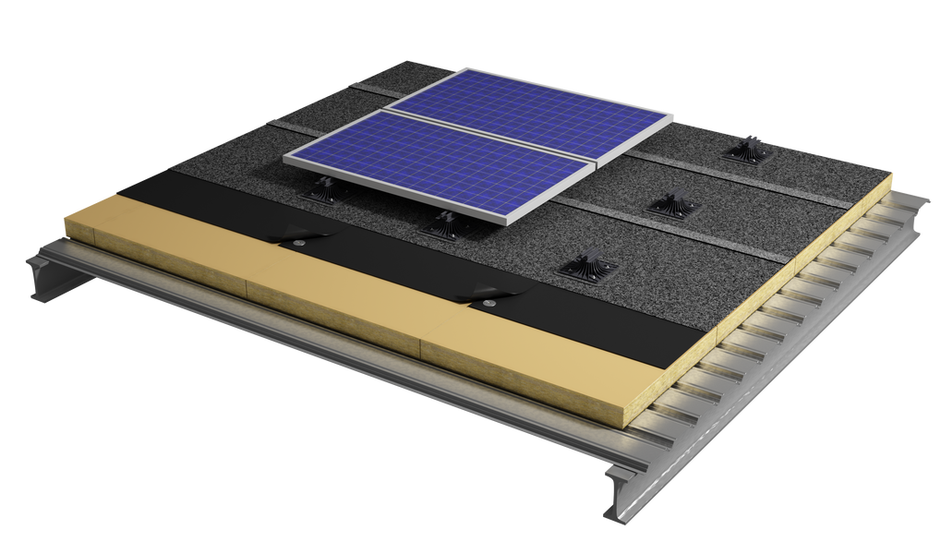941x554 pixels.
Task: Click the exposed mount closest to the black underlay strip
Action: coord(584,270)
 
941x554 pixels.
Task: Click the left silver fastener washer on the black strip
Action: coord(300,243)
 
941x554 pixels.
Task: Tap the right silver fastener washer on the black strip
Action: coord(490,302)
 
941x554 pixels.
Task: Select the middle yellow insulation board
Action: coord(332,305)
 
